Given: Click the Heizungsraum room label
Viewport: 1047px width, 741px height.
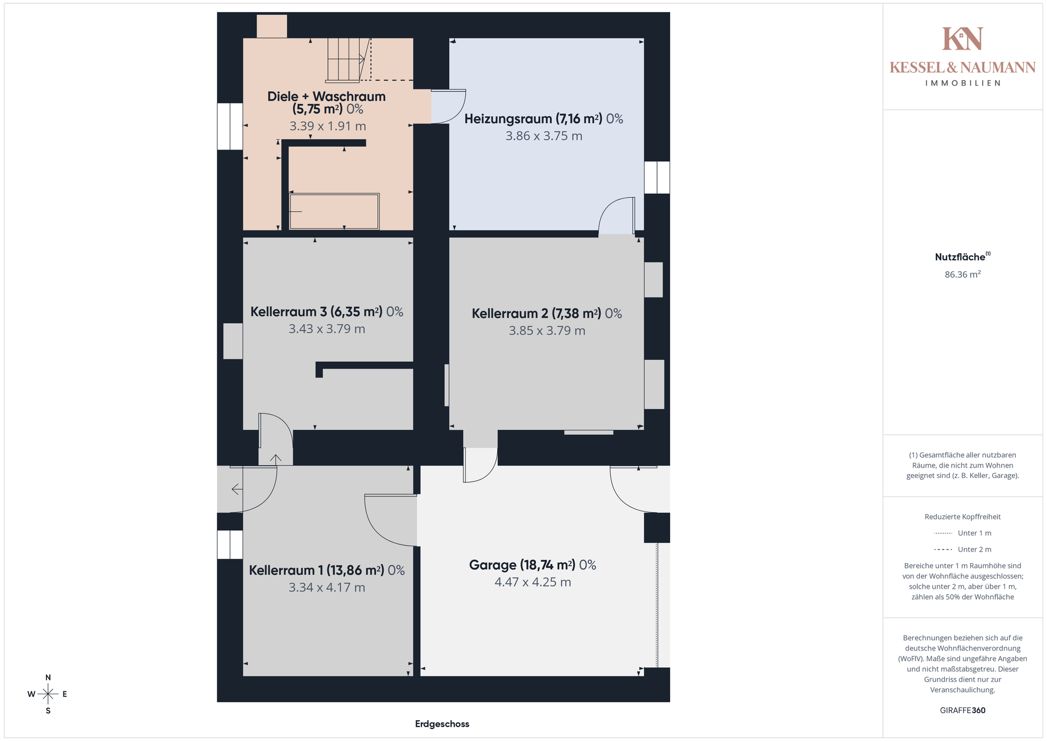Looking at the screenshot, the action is pyautogui.click(x=544, y=119).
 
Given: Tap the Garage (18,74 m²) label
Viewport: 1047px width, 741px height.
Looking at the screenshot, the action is pyautogui.click(x=532, y=565).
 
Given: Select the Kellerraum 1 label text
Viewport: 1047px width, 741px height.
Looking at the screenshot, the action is pyautogui.click(x=327, y=570).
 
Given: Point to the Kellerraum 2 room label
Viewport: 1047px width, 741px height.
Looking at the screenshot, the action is pyautogui.click(x=546, y=314).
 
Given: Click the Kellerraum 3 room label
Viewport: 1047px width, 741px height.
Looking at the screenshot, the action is pyautogui.click(x=327, y=312).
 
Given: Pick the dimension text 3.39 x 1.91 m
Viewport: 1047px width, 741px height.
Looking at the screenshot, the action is pyautogui.click(x=328, y=126).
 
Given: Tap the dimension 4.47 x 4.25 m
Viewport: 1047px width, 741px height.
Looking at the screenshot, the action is pyautogui.click(x=533, y=582).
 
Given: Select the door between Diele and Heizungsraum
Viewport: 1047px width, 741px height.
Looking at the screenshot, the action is pyautogui.click(x=448, y=106).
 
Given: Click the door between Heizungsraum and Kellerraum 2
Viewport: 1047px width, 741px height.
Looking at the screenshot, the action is pyautogui.click(x=617, y=216).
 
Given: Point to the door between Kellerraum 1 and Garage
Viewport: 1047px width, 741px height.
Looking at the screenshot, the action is pyautogui.click(x=390, y=520).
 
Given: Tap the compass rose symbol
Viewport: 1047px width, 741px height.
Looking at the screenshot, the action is pyautogui.click(x=48, y=694).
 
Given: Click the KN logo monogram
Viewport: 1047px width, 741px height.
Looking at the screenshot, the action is pyautogui.click(x=962, y=39).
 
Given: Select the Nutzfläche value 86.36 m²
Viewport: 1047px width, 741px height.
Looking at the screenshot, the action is pyautogui.click(x=962, y=274).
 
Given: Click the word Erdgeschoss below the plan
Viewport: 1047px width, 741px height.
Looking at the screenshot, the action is pyautogui.click(x=442, y=724).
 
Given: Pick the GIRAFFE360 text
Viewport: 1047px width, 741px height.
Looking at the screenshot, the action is pyautogui.click(x=962, y=710).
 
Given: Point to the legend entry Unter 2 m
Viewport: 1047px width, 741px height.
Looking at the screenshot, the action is pyautogui.click(x=962, y=549).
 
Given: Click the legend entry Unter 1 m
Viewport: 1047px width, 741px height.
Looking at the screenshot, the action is pyautogui.click(x=962, y=533).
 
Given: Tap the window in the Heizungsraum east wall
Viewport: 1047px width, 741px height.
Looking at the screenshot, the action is pyautogui.click(x=657, y=177).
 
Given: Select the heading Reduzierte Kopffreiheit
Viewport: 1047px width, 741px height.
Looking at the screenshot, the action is pyautogui.click(x=962, y=517).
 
